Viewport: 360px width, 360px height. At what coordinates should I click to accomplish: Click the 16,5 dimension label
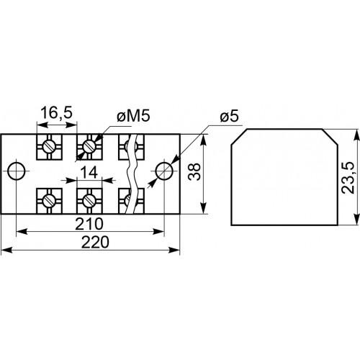[x=56, y=113]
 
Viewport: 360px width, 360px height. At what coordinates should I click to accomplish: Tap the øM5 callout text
[x=133, y=116]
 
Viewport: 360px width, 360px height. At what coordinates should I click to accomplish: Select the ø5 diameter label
[x=229, y=117]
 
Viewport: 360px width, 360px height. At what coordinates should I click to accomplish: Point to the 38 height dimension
[x=194, y=171]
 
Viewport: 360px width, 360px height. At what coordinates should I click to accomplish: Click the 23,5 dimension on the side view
[x=348, y=178]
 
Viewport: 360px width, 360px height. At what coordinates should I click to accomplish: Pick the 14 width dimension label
[x=89, y=172]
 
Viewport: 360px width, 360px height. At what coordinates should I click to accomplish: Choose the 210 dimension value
[x=89, y=224]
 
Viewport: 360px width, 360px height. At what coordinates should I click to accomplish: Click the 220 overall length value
[x=95, y=242]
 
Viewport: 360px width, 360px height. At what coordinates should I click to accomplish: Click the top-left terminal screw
[x=49, y=146]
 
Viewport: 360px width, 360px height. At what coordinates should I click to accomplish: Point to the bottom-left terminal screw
[x=49, y=200]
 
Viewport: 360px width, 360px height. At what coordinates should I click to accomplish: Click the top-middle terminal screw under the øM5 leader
[x=89, y=146]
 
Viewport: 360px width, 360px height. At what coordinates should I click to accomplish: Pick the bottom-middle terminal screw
[x=89, y=200]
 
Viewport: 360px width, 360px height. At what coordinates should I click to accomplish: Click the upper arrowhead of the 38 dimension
[x=204, y=139]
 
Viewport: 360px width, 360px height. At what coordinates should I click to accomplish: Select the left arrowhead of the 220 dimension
[x=6, y=250]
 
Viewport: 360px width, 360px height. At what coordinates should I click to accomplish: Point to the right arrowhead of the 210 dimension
[x=159, y=232]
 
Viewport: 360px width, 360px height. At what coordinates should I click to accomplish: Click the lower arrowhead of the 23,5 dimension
[x=357, y=220]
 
